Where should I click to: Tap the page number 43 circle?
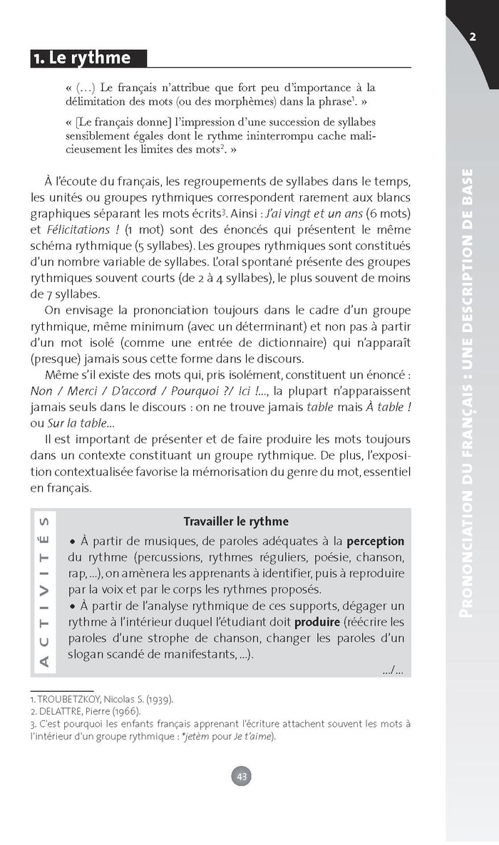[x=242, y=777]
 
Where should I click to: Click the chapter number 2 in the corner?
[x=473, y=37]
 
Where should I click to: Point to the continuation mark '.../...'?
[x=392, y=670]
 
